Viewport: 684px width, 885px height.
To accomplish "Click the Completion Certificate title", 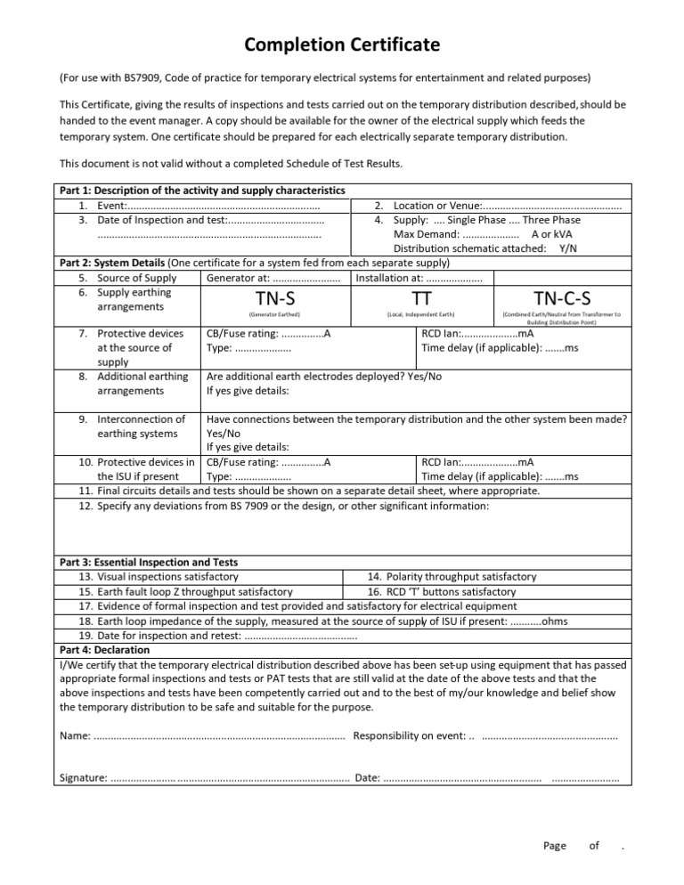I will click(x=342, y=45).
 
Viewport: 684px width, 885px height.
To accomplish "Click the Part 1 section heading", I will click(x=202, y=191).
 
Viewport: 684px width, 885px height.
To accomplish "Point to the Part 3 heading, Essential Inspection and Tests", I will click(x=148, y=563).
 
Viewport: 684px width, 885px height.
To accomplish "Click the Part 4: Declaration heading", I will click(x=104, y=650).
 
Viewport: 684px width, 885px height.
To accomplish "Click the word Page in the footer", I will click(x=554, y=846).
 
